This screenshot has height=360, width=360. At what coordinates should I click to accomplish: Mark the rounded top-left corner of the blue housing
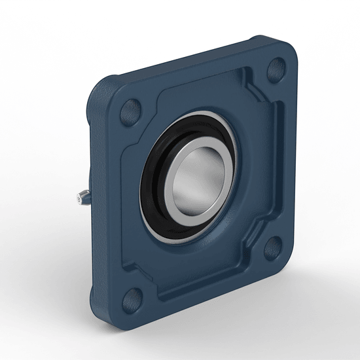105,82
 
